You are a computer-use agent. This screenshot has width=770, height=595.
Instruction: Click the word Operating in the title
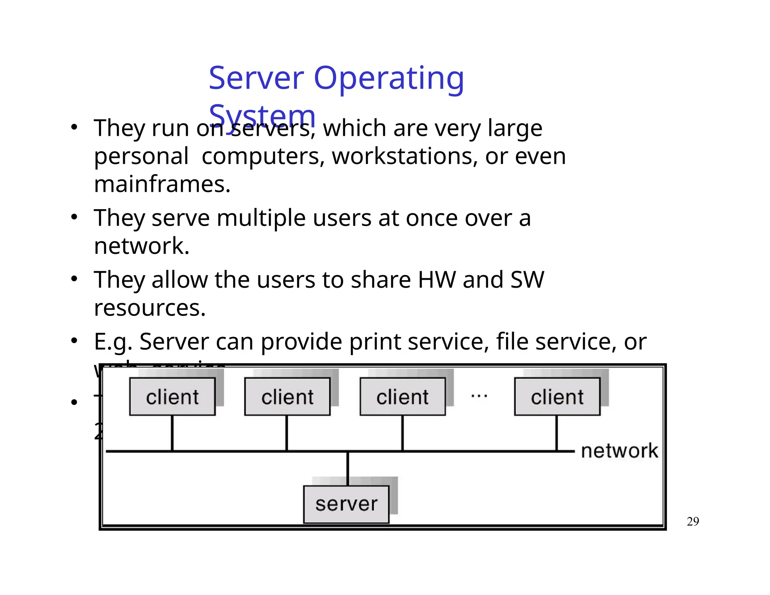pyautogui.click(x=389, y=78)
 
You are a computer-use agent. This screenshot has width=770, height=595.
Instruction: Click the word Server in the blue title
pyautogui.click(x=256, y=78)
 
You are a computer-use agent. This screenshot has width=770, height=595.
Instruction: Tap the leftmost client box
pyautogui.click(x=172, y=397)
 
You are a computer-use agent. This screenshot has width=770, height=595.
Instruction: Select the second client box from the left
pyautogui.click(x=287, y=397)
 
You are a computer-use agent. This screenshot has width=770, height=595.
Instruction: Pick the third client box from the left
pyautogui.click(x=403, y=397)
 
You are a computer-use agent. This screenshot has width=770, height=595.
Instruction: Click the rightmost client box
pyautogui.click(x=557, y=397)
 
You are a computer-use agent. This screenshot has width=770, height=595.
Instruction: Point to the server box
pyautogui.click(x=346, y=504)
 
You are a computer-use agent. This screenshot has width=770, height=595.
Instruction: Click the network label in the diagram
pyautogui.click(x=620, y=451)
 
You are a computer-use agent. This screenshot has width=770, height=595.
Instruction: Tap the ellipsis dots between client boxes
pyautogui.click(x=479, y=396)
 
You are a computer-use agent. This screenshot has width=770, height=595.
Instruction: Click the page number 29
pyautogui.click(x=693, y=522)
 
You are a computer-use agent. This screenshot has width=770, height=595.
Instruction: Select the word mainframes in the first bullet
pyautogui.click(x=162, y=184)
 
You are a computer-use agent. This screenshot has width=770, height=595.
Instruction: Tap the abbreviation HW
pyautogui.click(x=437, y=280)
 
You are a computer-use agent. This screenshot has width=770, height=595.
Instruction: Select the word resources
pyautogui.click(x=150, y=308)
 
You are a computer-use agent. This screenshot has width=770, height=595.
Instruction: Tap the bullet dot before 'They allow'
pyautogui.click(x=74, y=279)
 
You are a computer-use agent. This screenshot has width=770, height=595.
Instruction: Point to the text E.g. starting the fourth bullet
pyautogui.click(x=113, y=342)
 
